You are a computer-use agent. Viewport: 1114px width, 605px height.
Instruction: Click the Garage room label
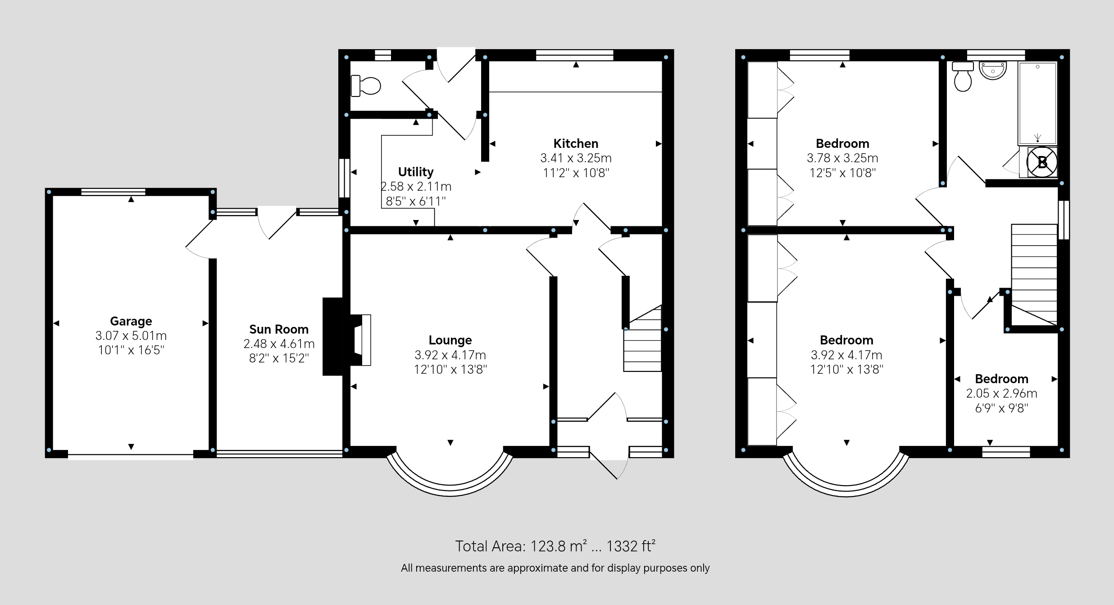[131, 321]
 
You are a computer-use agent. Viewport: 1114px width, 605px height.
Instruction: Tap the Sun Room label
[279, 329]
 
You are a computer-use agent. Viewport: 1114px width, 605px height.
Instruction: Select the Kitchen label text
[576, 143]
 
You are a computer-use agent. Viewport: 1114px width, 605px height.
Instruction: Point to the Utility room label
[416, 172]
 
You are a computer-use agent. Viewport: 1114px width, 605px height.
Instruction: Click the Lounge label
[450, 340]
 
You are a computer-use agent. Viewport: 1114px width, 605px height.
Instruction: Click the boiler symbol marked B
[1042, 161]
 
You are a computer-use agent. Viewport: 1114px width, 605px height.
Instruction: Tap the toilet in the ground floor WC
[366, 86]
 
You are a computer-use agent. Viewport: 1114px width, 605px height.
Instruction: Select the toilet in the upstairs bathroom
[963, 76]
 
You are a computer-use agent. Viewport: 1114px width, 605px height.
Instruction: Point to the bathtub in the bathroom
[1037, 103]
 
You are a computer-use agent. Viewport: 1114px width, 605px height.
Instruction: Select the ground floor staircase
[643, 338]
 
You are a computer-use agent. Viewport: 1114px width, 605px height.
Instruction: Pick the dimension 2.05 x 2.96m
[1001, 394]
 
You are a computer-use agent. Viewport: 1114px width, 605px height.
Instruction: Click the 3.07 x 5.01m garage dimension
[131, 336]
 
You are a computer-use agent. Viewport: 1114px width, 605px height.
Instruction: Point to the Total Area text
[555, 546]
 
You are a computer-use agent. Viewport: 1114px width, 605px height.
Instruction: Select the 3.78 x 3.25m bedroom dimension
[842, 158]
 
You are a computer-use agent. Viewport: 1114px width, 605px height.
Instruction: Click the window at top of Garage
[114, 192]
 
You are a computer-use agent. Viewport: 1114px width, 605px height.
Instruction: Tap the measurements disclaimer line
[555, 568]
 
